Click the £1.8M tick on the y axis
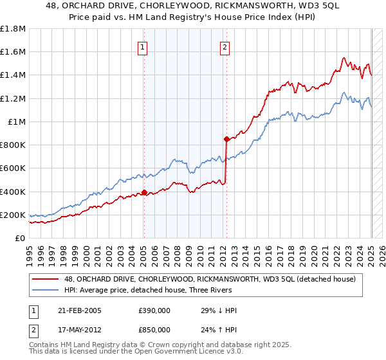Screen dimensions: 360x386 click(13, 29)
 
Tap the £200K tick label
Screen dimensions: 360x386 click(13, 215)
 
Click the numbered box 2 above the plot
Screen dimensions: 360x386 click(225, 46)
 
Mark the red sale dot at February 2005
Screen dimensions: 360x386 click(144, 192)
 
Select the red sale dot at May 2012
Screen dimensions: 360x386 click(226, 139)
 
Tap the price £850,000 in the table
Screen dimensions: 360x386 click(154, 329)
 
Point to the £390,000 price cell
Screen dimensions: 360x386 click(154, 311)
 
